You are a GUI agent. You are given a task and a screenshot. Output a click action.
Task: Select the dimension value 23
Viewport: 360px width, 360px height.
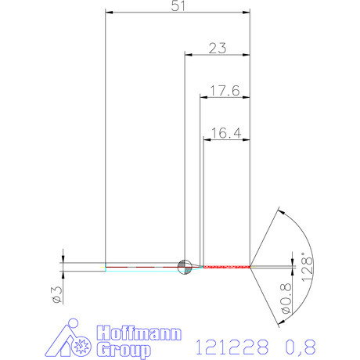coord(218,48)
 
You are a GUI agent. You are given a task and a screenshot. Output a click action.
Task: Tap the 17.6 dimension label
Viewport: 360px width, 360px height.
coord(225,91)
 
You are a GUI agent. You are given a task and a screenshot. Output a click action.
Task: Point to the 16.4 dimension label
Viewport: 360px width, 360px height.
coord(225,134)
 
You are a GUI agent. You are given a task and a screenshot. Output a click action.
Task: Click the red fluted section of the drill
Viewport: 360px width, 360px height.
coord(227,267)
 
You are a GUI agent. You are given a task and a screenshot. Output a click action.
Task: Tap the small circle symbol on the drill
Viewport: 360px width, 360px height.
coord(185,267)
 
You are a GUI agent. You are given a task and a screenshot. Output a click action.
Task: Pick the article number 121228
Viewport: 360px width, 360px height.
coord(231,345)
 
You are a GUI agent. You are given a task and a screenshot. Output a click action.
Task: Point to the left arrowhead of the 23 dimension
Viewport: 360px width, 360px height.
coord(188,55)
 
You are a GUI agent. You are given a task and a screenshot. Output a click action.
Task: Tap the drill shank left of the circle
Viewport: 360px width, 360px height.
coord(141,267)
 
